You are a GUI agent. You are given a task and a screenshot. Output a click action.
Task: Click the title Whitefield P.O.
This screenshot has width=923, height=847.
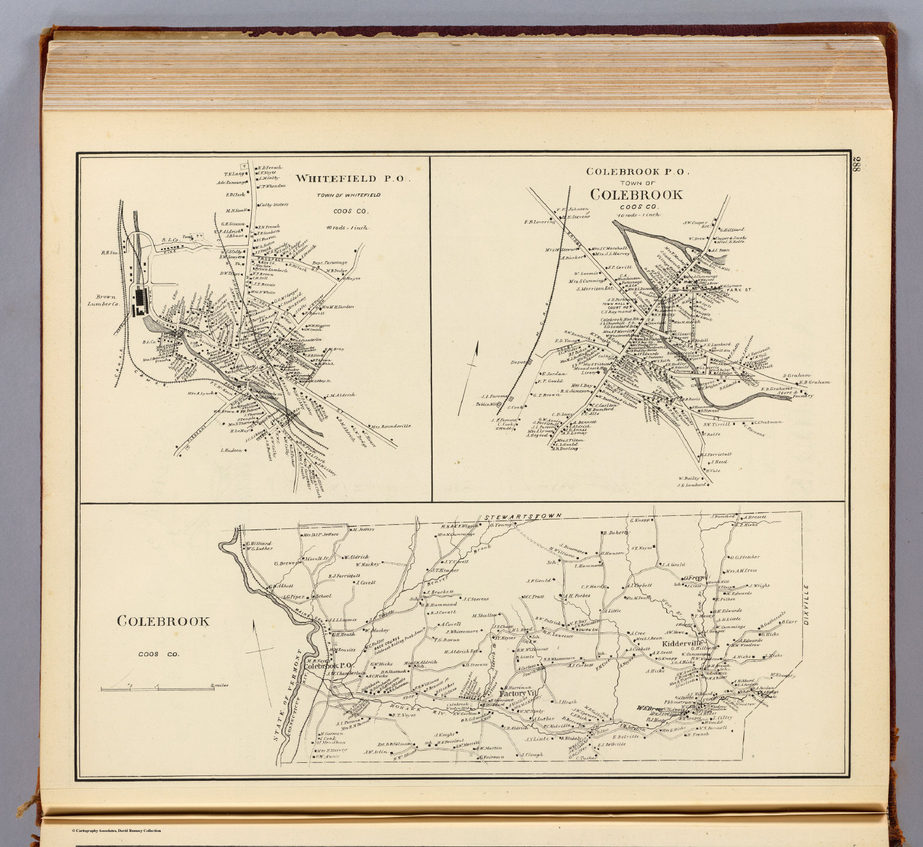353,179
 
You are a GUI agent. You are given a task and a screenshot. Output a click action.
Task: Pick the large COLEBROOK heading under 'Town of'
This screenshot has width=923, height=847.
636,195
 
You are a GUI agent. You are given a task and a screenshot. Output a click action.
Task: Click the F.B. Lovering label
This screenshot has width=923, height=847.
542,222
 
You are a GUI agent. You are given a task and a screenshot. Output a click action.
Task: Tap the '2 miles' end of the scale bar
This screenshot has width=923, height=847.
219,685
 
